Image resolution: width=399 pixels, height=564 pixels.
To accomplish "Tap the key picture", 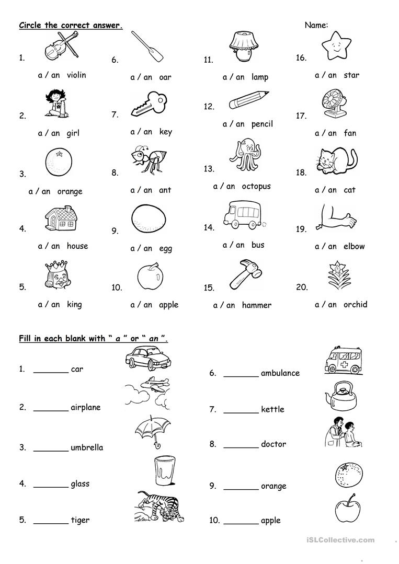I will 150,103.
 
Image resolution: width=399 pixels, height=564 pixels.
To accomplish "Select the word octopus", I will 256,187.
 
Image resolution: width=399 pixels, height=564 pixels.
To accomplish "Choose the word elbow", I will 354,246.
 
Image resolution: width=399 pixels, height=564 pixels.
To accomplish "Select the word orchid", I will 355,304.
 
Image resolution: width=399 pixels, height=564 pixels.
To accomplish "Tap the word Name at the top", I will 316,25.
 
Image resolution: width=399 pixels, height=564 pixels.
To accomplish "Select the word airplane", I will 86,408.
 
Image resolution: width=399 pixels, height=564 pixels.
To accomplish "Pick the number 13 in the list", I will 209,169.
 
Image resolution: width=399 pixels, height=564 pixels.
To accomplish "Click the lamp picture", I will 241,47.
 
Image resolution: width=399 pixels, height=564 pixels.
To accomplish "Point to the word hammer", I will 256,305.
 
